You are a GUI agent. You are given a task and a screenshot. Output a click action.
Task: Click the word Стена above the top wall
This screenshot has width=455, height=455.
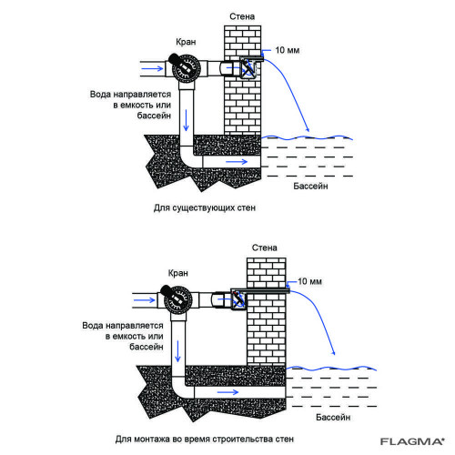[242, 16]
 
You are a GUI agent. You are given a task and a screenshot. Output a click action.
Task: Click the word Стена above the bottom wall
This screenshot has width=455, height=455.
[265, 248]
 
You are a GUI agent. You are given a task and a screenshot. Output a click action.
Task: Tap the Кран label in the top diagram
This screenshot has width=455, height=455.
[186, 42]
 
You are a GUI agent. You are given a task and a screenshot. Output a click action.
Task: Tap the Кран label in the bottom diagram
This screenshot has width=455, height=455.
[178, 273]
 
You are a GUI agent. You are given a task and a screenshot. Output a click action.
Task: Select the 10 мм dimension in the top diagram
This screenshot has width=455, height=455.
[288, 50]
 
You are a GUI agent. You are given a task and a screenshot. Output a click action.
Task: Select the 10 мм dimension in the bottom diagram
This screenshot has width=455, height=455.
[309, 281]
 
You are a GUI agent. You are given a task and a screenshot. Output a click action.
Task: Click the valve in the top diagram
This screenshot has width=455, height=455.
[186, 68]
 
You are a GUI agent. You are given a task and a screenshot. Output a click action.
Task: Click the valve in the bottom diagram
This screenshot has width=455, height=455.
[177, 299]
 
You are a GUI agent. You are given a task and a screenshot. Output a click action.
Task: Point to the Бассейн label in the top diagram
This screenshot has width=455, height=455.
[310, 186]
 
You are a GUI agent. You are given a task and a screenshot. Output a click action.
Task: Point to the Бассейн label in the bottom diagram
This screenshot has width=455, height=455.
[333, 418]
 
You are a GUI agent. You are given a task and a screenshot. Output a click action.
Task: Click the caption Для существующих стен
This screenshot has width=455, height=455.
[205, 208]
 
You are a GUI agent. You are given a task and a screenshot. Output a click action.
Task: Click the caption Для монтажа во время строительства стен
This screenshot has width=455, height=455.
[205, 440]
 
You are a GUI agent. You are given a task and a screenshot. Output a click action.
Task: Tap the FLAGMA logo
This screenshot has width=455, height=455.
[412, 441]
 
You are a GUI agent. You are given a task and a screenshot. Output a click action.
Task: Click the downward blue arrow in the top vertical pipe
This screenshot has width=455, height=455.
[186, 120]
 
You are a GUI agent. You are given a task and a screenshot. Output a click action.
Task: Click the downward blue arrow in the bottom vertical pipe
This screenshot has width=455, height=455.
[178, 351]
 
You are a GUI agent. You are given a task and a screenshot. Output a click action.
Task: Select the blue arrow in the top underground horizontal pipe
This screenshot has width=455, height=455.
[237, 161]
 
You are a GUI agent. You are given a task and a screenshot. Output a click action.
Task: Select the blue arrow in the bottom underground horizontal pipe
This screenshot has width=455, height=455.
[228, 392]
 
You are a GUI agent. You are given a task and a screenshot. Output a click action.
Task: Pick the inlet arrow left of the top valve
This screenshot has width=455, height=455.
[153, 68]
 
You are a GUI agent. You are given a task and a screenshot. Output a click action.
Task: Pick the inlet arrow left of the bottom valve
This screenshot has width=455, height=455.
[145, 300]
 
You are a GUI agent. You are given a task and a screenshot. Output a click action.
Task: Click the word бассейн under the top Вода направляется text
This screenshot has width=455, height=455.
[154, 116]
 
